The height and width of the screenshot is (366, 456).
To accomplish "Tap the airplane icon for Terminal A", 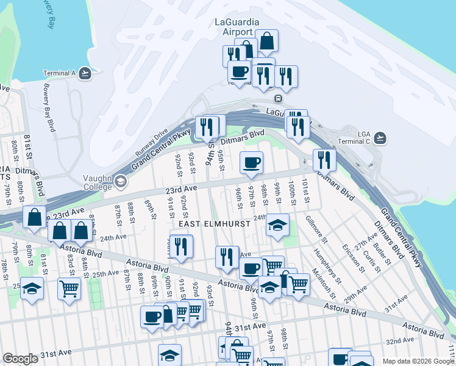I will [85, 73].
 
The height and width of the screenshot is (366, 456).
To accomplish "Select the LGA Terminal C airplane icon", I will [380, 137].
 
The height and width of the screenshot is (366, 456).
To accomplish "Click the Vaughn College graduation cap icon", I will [121, 181].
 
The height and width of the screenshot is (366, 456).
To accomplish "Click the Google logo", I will [21, 359].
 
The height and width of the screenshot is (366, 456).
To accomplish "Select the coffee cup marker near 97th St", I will [251, 163].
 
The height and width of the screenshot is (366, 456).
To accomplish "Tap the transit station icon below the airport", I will [278, 98].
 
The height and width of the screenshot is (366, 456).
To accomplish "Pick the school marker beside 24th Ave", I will [277, 225].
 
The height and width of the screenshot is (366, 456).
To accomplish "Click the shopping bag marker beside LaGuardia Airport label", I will [266, 41].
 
